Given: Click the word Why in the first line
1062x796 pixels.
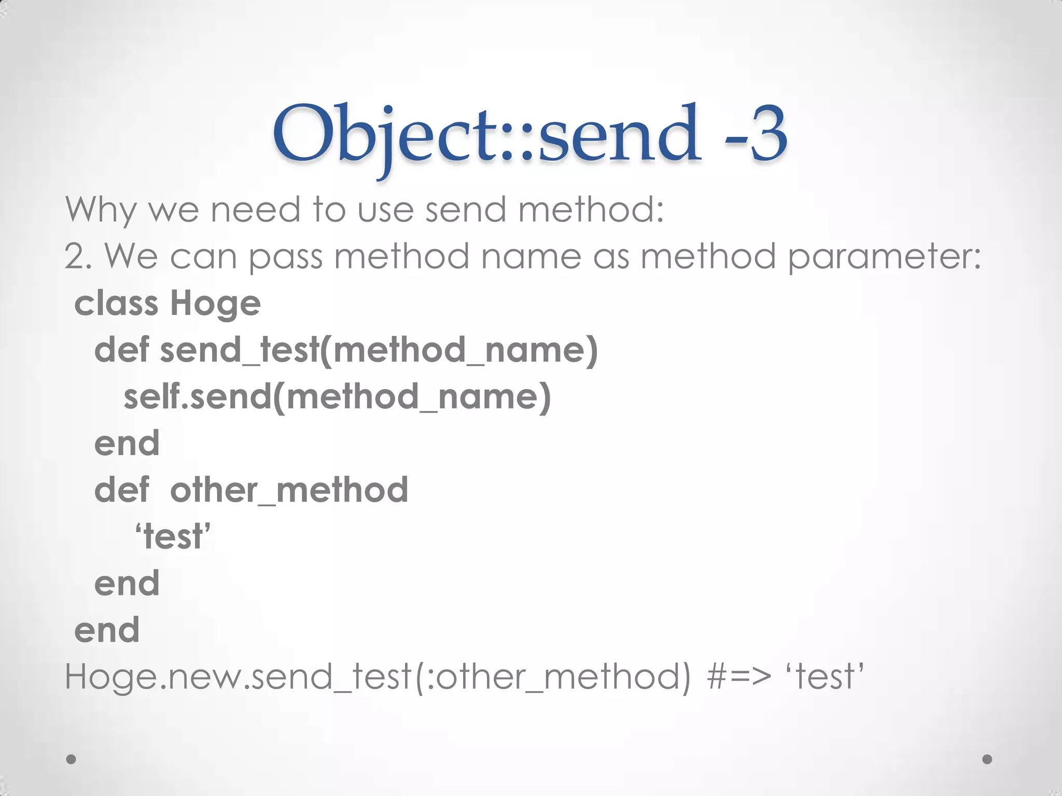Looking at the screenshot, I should point(101,210).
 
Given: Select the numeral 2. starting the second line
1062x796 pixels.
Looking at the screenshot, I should point(78,257).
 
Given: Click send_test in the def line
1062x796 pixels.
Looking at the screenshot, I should point(239,350).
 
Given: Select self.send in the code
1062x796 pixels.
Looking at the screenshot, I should point(198,396).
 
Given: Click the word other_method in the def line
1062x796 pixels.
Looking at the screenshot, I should point(289,490).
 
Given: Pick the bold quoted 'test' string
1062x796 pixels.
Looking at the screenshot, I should point(173,536).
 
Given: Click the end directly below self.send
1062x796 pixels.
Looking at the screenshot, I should point(127,443).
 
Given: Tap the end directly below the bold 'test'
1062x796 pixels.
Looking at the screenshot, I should point(127,583).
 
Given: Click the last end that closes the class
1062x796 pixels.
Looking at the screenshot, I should point(107,630).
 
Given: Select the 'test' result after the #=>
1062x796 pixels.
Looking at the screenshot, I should point(825,676).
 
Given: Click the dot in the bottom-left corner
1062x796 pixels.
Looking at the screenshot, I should point(72,759).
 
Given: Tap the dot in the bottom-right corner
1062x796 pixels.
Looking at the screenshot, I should point(987,759).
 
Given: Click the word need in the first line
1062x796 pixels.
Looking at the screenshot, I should point(255,210).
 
